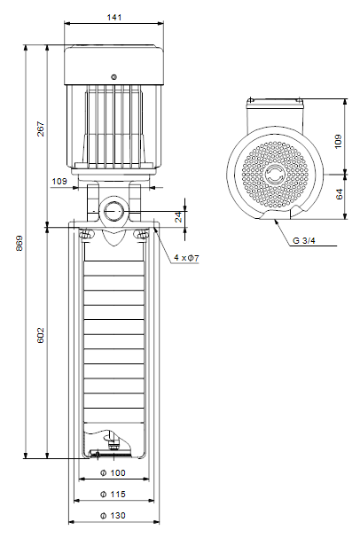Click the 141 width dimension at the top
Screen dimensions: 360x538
113,17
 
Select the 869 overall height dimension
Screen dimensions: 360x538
20,243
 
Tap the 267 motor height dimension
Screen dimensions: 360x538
41,129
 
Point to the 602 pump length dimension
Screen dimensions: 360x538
41,335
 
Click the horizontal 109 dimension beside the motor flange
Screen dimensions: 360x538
59,181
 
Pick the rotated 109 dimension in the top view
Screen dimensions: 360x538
338,141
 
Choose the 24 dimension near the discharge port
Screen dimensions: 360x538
179,217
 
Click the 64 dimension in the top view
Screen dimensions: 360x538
339,194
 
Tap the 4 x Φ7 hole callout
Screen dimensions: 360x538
186,258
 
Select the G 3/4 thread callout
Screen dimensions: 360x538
304,240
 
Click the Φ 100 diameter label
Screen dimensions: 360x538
113,472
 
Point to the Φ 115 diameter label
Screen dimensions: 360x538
113,494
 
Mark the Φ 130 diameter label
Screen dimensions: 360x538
113,515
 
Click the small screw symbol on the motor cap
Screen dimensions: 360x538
113,77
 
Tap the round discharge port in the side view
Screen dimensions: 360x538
113,211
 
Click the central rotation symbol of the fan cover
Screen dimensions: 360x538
275,175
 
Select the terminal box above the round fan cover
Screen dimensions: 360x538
275,115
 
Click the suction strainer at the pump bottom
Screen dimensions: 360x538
110,454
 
